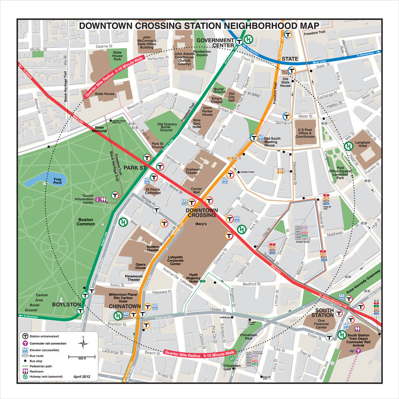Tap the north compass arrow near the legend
[83, 342]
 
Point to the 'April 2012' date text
[82, 376]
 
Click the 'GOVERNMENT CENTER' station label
[215, 43]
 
